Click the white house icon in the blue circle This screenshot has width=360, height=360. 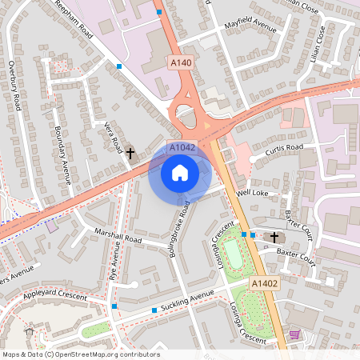180,172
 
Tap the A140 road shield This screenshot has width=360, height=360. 180,61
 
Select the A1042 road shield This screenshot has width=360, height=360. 182,148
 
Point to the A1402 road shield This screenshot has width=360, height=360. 264,284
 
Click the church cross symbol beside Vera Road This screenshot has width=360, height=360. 130,152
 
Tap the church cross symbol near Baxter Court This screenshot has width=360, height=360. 274,237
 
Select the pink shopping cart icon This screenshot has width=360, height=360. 294,334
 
